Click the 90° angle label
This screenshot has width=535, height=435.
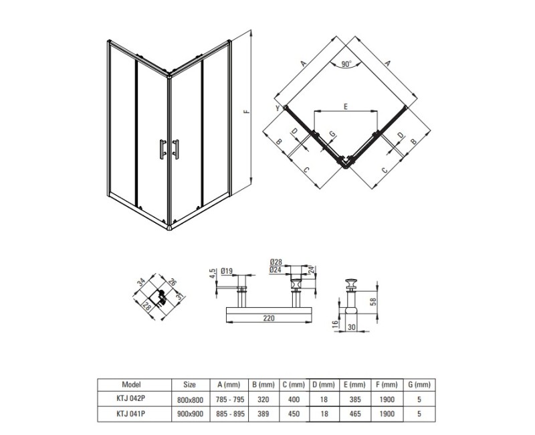(x=346, y=64)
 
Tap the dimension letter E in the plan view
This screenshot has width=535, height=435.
(x=346, y=107)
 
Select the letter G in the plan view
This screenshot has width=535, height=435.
(x=332, y=135)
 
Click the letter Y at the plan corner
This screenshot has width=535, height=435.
(x=278, y=108)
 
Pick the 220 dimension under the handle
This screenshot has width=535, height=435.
(x=269, y=319)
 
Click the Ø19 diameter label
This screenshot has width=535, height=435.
(x=227, y=271)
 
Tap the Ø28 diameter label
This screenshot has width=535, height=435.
(x=276, y=262)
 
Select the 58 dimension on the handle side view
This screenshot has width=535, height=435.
(x=373, y=301)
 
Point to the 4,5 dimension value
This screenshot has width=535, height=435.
(x=212, y=274)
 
